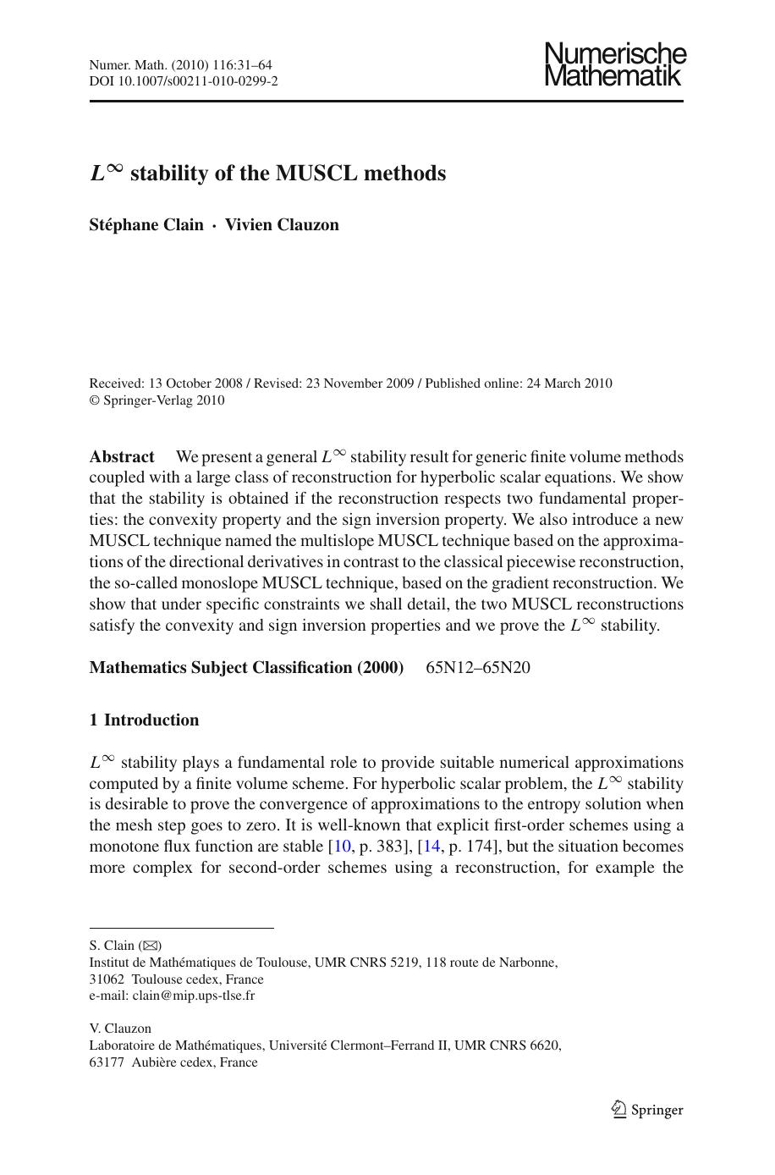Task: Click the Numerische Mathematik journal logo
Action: point(614,64)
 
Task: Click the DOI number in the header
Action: point(202,81)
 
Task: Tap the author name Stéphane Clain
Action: point(146,224)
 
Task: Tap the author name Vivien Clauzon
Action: point(282,224)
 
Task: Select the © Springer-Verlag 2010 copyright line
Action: point(157,400)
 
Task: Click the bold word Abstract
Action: point(122,457)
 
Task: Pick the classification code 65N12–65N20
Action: point(478,668)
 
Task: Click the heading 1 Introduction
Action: point(144,720)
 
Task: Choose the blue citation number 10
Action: point(343,847)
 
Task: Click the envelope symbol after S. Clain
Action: point(151,946)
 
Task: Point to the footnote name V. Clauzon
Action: point(120,1029)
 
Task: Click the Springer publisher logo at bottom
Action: point(647,1110)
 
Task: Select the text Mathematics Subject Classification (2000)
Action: point(246,668)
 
